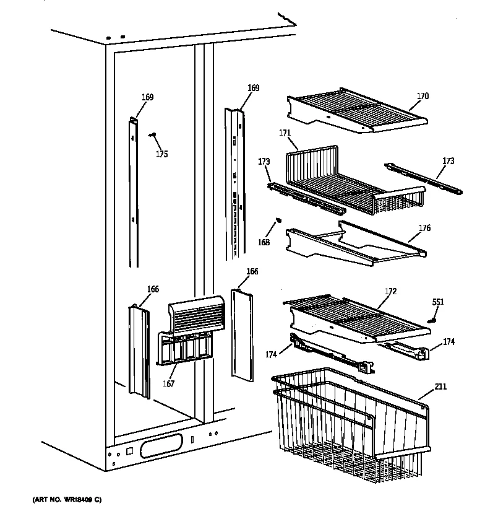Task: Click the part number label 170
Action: pyautogui.click(x=423, y=96)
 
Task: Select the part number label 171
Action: pyautogui.click(x=285, y=133)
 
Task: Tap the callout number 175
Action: pyautogui.click(x=161, y=154)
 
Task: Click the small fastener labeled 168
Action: pyautogui.click(x=278, y=219)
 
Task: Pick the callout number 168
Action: pyautogui.click(x=264, y=242)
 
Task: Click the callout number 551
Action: pyautogui.click(x=437, y=302)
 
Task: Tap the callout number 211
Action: pyautogui.click(x=440, y=387)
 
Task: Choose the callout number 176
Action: pyautogui.click(x=424, y=229)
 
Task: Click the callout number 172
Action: pyautogui.click(x=390, y=291)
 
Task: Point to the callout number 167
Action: pyautogui.click(x=169, y=383)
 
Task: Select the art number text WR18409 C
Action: pyautogui.click(x=59, y=499)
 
